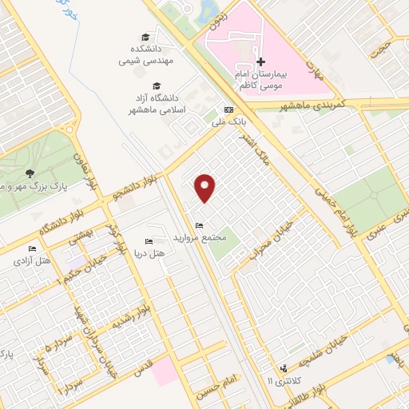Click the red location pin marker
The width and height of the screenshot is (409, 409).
206,187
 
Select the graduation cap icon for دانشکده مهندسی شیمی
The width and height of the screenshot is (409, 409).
145,38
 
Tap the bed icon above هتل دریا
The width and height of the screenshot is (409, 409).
149,241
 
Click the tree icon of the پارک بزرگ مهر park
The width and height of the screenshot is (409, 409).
30,173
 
